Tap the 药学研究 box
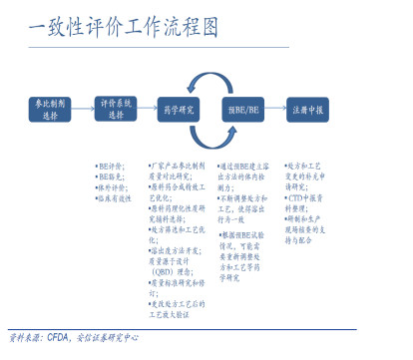coord(180,109)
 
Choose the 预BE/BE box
coord(242,109)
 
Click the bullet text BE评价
coord(110,166)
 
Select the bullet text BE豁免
coord(110,177)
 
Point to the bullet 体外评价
coord(112,187)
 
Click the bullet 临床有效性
coord(114,198)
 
